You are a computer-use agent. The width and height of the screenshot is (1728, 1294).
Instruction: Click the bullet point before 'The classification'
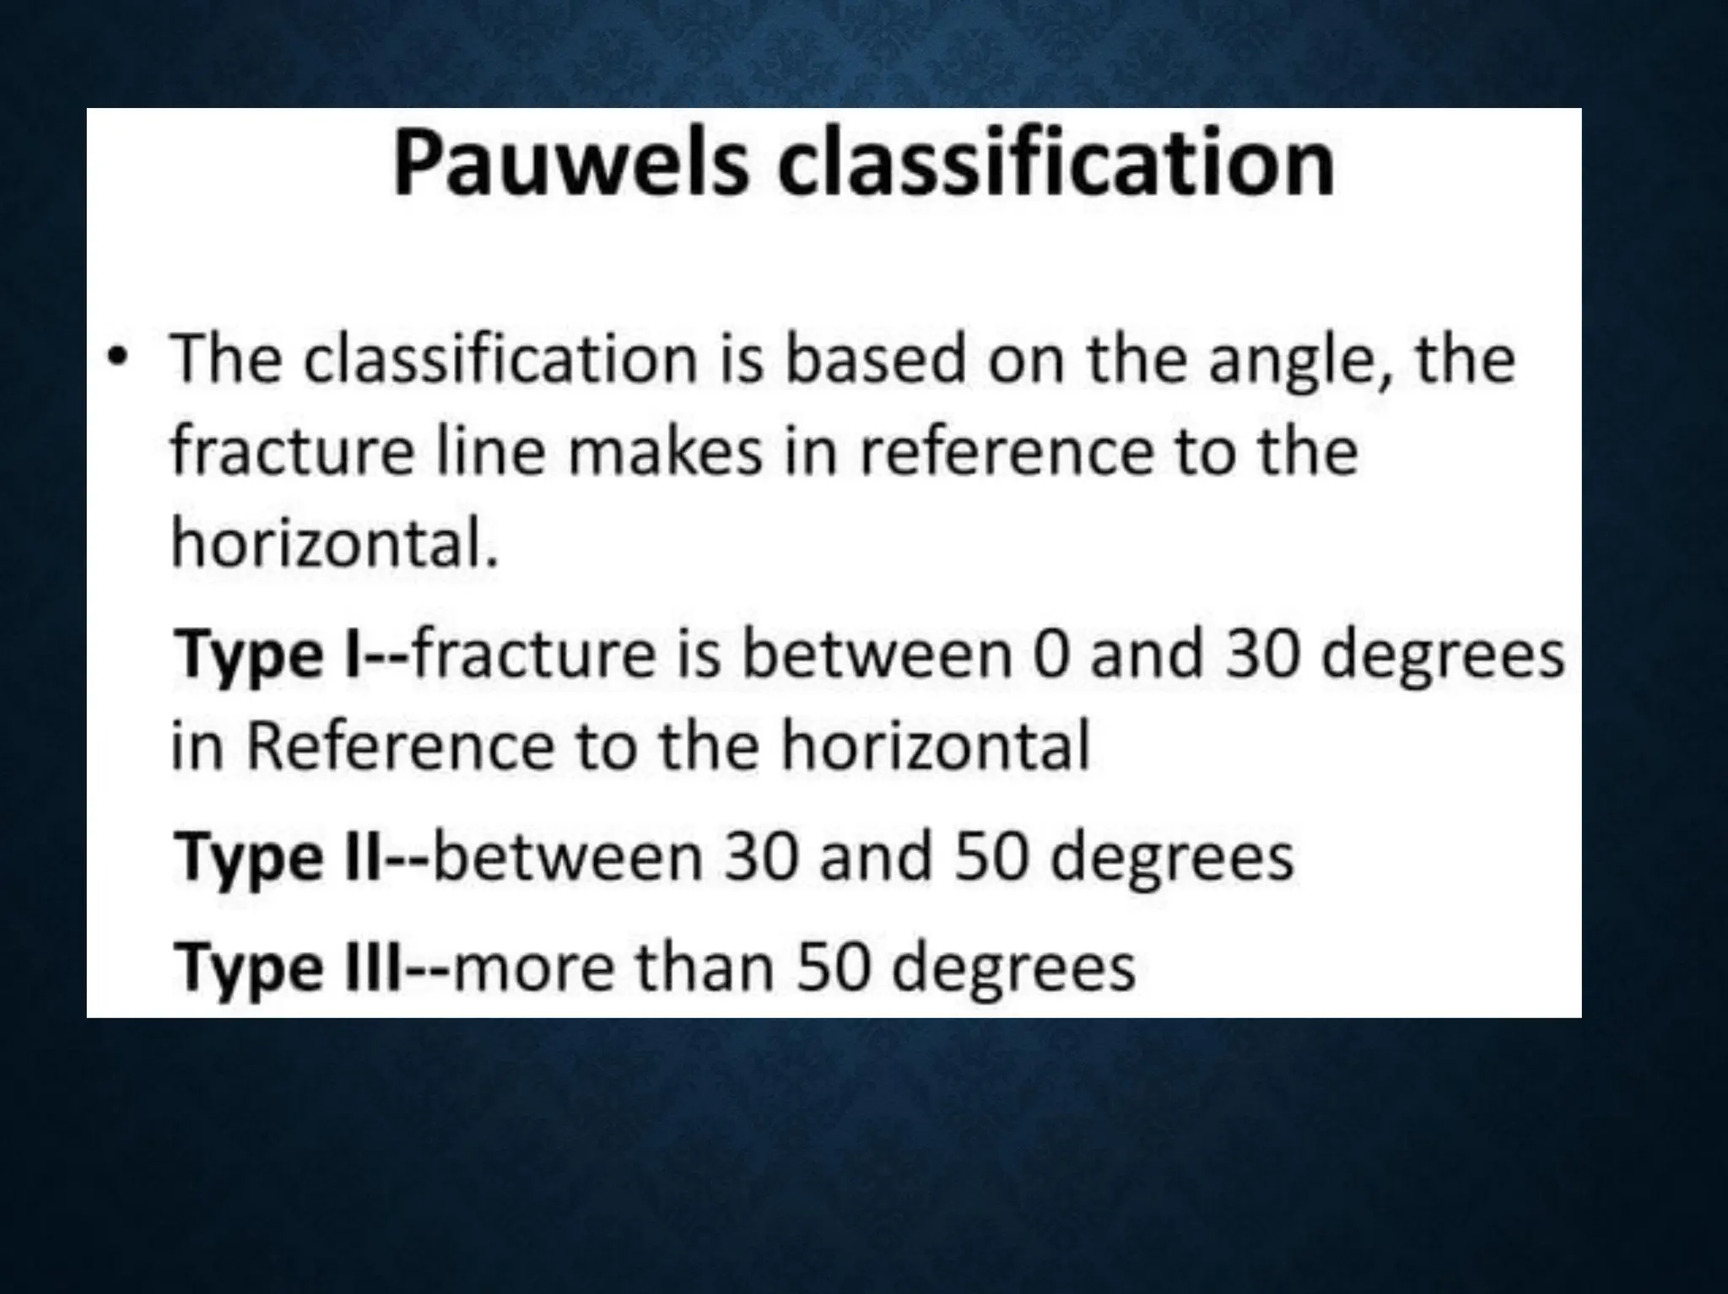click(x=115, y=360)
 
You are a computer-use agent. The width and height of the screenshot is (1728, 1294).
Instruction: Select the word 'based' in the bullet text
click(x=874, y=360)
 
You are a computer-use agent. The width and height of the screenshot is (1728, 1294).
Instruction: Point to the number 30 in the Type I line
click(x=1263, y=655)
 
